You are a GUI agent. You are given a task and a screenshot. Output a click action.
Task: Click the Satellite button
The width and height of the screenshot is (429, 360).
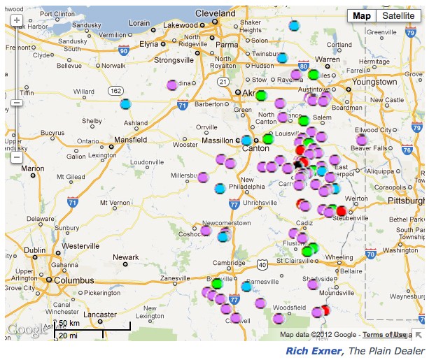click(398, 16)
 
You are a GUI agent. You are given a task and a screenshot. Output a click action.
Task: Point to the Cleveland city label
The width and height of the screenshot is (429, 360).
click(216, 13)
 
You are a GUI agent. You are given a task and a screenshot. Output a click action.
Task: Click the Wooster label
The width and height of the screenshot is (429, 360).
click(185, 145)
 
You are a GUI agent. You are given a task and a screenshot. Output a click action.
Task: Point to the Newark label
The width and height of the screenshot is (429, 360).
click(126, 257)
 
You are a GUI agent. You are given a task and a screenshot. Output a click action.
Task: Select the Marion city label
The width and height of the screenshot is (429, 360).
click(32, 168)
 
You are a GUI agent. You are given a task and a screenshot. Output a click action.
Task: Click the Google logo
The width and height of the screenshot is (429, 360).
click(24, 330)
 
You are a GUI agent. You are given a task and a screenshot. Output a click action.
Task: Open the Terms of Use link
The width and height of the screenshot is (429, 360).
click(382, 335)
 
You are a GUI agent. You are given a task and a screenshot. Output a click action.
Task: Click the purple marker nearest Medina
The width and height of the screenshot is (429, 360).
click(172, 85)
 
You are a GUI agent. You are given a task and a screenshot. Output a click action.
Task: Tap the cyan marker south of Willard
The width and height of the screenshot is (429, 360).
click(125, 104)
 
